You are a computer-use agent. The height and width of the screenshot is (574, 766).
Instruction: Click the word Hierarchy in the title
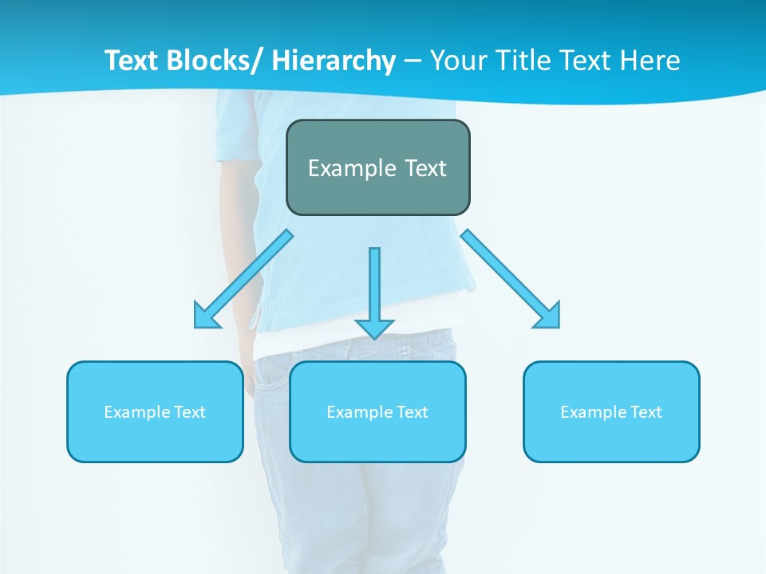[334, 61]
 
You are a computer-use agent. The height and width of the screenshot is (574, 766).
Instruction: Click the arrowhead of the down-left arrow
[206, 317]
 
